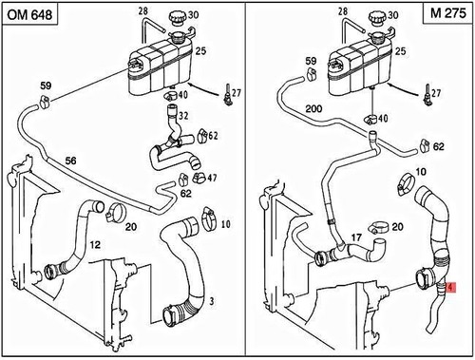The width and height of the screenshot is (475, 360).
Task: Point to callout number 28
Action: pyautogui.click(x=143, y=10)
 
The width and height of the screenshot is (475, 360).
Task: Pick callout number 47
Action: pyautogui.click(x=211, y=178)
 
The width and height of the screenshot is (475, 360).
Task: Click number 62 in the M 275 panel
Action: pyautogui.click(x=438, y=147)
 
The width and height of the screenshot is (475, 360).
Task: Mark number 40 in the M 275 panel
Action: pyautogui.click(x=383, y=119)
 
